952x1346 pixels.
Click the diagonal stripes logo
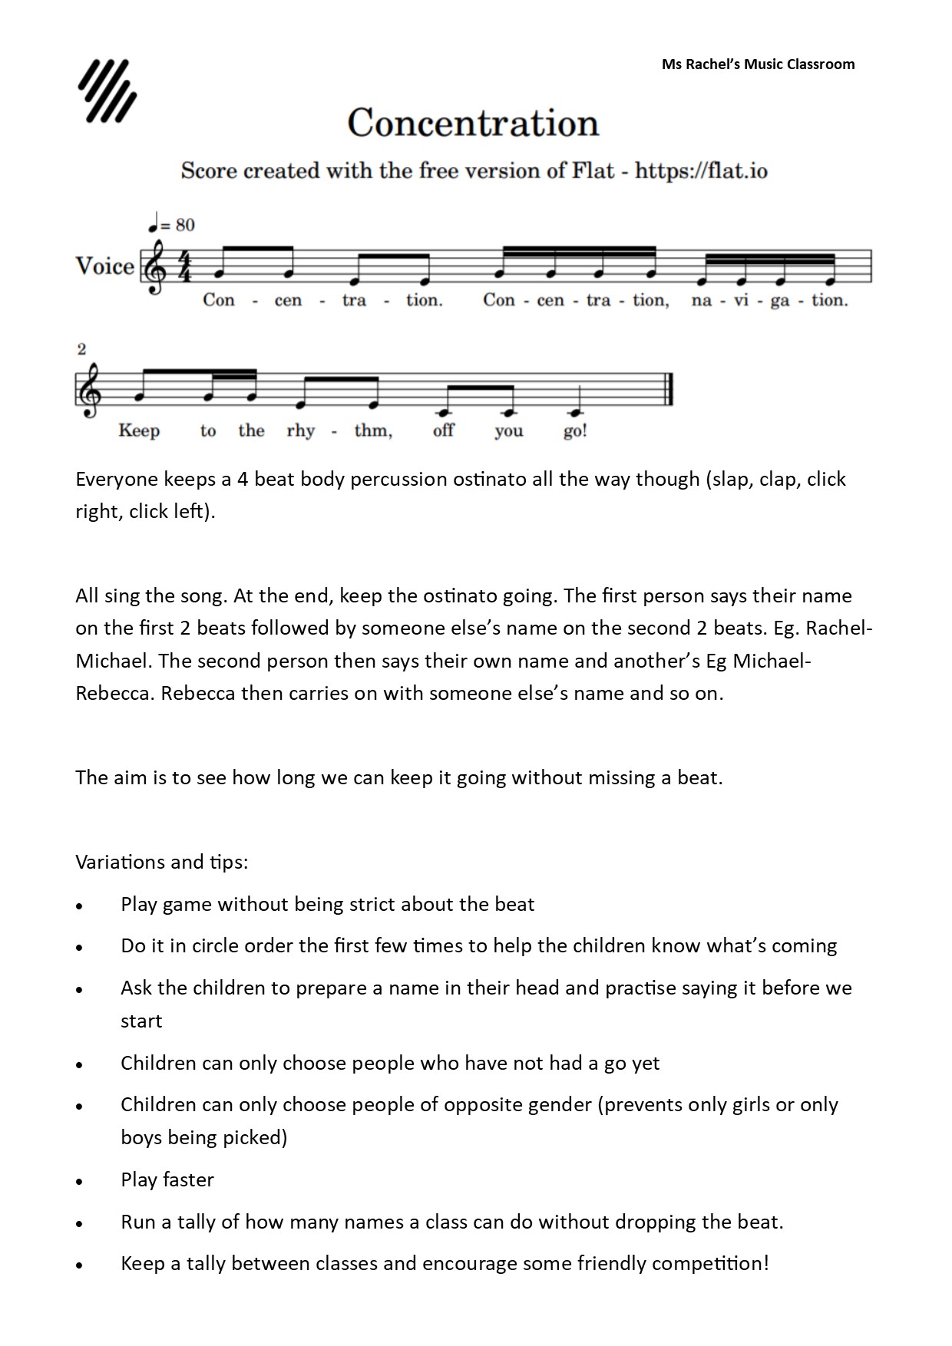[107, 91]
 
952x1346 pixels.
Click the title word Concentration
[473, 123]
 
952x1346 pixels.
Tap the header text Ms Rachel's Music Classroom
[758, 64]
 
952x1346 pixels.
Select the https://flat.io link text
[701, 170]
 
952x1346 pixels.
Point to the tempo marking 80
[185, 225]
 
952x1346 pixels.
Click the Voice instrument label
[104, 266]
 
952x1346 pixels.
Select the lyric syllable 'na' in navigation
[701, 300]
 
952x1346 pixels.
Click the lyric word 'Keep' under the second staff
[139, 431]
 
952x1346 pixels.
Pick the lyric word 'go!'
[575, 431]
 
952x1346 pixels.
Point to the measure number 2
[81, 350]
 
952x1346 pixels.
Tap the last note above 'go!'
[571, 407]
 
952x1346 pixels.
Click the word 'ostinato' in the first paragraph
[490, 480]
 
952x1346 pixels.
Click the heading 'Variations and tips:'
[162, 862]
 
